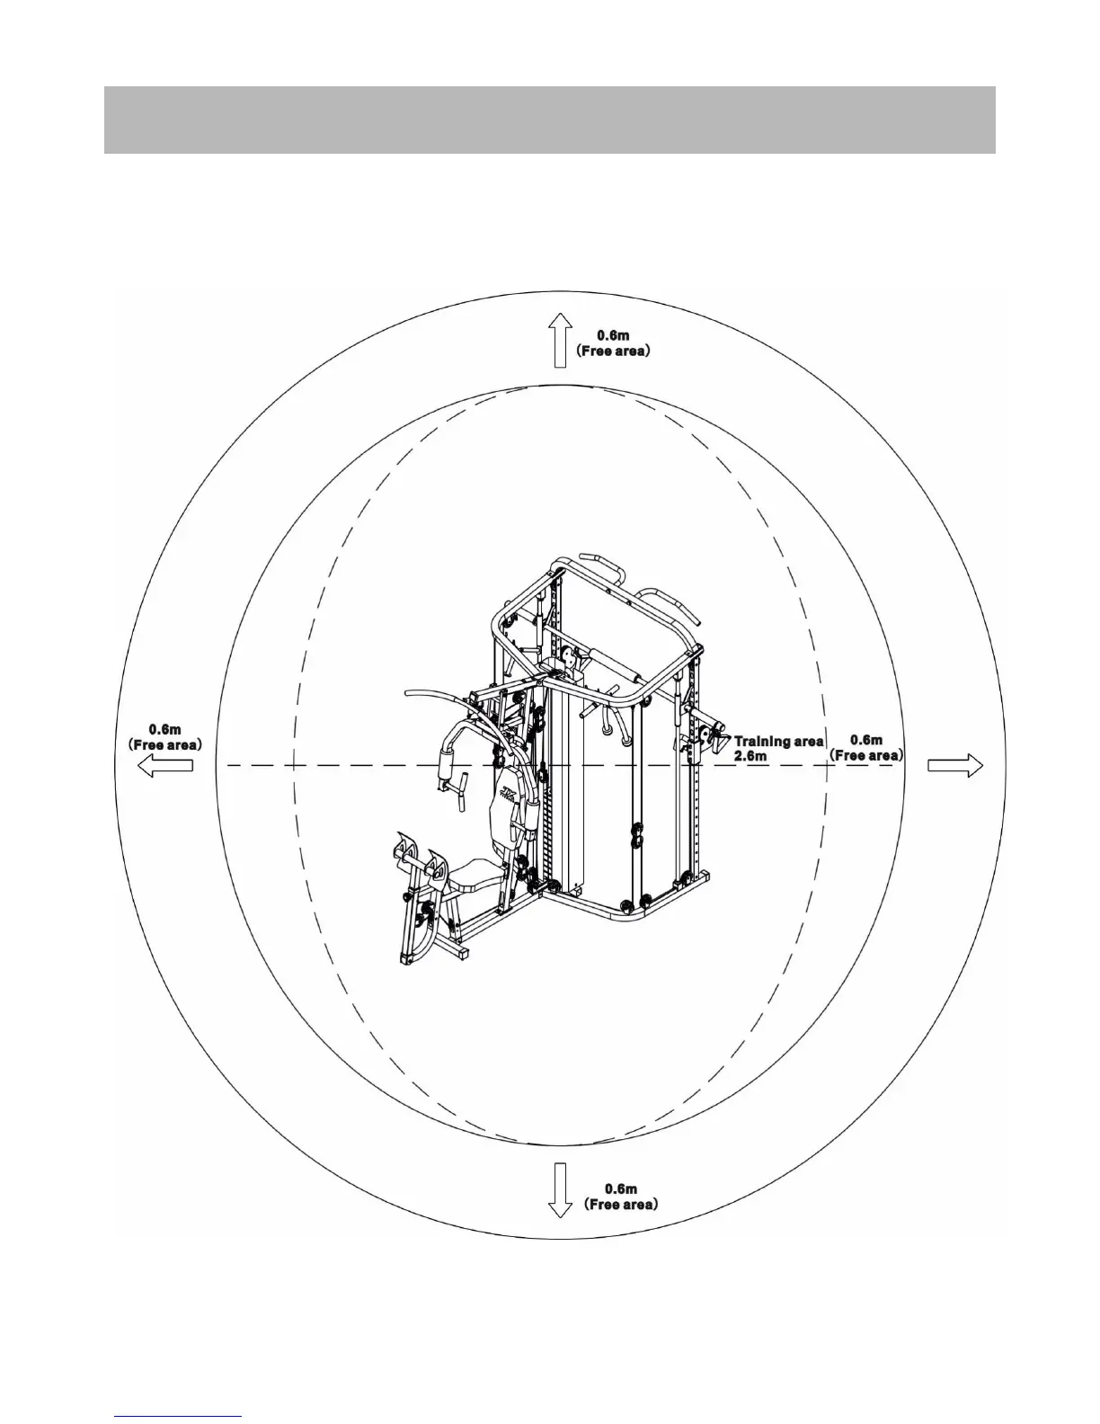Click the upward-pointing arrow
pyautogui.click(x=560, y=340)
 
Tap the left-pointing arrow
pyautogui.click(x=165, y=765)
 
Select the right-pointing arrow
pyautogui.click(x=955, y=765)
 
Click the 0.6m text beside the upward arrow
pyautogui.click(x=613, y=335)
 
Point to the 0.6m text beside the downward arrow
pyautogui.click(x=620, y=1188)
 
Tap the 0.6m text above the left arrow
pyautogui.click(x=165, y=729)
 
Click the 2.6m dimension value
pyautogui.click(x=750, y=756)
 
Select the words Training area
pyautogui.click(x=778, y=741)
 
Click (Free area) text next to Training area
pyautogui.click(x=866, y=755)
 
